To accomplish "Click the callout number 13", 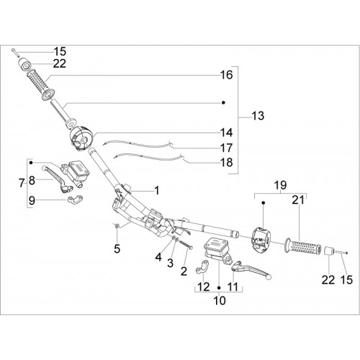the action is click(x=258, y=116).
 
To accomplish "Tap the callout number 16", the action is click(x=227, y=75).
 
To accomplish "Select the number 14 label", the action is click(x=227, y=132).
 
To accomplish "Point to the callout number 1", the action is click(x=157, y=191).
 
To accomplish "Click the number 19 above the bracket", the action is click(x=280, y=185).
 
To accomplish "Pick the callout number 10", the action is click(x=220, y=300).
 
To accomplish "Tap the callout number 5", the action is click(x=117, y=249).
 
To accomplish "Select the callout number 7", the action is click(x=22, y=184).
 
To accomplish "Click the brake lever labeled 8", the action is click(x=57, y=179).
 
